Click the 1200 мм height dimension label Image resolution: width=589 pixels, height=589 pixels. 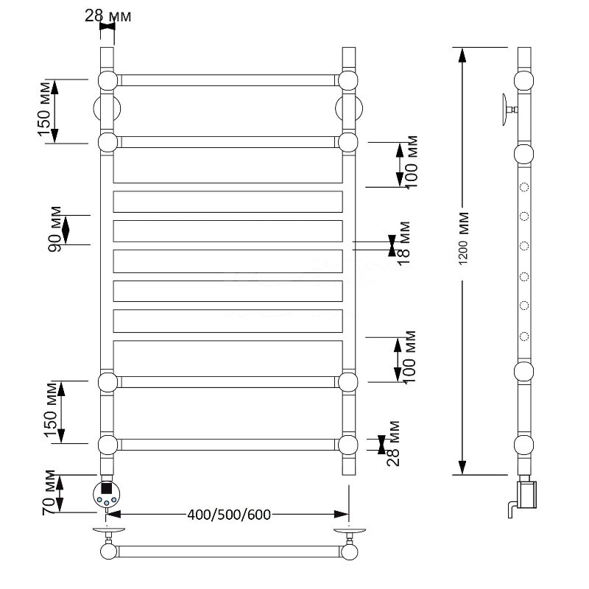[x=464, y=239]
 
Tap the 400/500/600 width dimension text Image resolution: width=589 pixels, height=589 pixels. [x=229, y=514]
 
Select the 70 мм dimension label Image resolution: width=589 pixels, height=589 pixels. [x=49, y=492]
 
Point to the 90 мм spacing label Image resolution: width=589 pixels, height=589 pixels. [x=54, y=229]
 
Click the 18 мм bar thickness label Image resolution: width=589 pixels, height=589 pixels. [x=404, y=244]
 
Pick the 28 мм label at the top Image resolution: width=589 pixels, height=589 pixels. [x=107, y=15]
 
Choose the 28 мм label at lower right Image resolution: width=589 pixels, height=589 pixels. [x=394, y=444]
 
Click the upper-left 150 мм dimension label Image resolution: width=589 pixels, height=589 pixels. [x=44, y=110]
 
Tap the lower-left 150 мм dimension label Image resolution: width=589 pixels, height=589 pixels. [x=51, y=409]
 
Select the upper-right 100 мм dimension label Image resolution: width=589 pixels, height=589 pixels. [x=412, y=162]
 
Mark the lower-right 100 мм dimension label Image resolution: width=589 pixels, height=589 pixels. [x=409, y=357]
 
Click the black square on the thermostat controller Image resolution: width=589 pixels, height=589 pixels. [x=107, y=488]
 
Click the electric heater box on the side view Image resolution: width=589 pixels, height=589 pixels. [x=526, y=493]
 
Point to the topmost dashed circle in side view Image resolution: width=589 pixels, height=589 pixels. [x=524, y=187]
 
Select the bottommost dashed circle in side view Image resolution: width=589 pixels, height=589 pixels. [x=524, y=336]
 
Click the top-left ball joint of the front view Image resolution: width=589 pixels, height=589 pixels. [x=107, y=80]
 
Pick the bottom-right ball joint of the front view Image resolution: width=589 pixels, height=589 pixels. [x=348, y=445]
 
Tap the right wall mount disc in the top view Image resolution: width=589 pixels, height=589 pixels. [x=350, y=530]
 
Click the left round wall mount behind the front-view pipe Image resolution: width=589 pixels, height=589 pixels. [x=107, y=108]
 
